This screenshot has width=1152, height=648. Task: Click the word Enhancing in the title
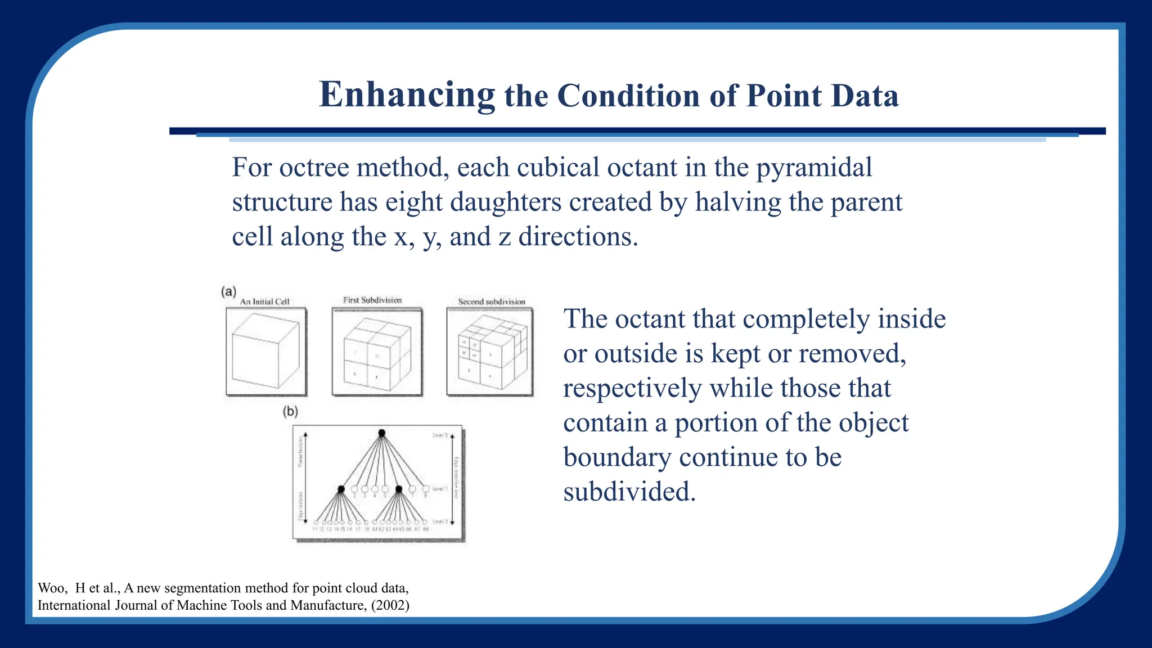pyautogui.click(x=407, y=94)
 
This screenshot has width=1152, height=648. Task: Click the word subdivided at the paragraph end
pyautogui.click(x=629, y=492)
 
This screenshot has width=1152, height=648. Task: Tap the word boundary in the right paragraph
pyautogui.click(x=617, y=457)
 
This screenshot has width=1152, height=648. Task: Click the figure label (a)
pyautogui.click(x=228, y=291)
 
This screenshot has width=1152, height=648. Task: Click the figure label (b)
pyautogui.click(x=290, y=411)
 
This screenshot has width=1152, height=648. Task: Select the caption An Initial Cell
pyautogui.click(x=264, y=301)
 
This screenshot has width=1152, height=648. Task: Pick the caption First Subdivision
pyautogui.click(x=372, y=300)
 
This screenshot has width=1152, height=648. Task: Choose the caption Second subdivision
pyautogui.click(x=491, y=301)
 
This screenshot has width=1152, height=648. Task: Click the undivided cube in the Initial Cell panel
pyautogui.click(x=265, y=352)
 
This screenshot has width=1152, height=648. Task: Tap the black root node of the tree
pyautogui.click(x=382, y=433)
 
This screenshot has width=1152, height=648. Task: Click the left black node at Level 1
pyautogui.click(x=341, y=489)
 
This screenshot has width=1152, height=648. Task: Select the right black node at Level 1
pyautogui.click(x=399, y=489)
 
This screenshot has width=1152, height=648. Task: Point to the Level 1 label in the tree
pyautogui.click(x=440, y=488)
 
